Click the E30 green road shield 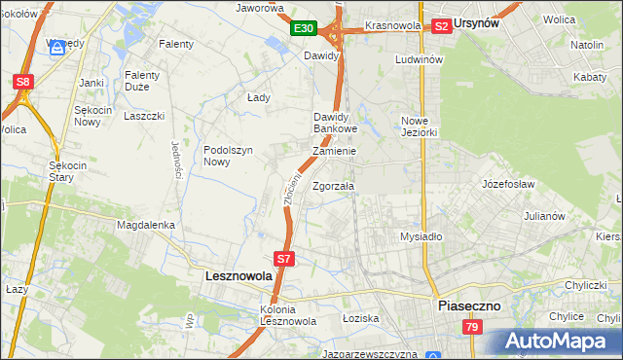tap(304, 29)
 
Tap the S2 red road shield tap(440, 26)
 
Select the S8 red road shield tap(23, 83)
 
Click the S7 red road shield tap(283, 259)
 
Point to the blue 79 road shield tap(472, 327)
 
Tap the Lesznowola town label tap(238, 276)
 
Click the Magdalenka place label tap(145, 225)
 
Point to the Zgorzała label tap(334, 186)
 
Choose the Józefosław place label tap(509, 182)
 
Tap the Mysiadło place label tap(421, 236)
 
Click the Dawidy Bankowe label tap(336, 123)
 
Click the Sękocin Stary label tap(69, 171)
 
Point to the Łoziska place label tap(360, 318)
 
